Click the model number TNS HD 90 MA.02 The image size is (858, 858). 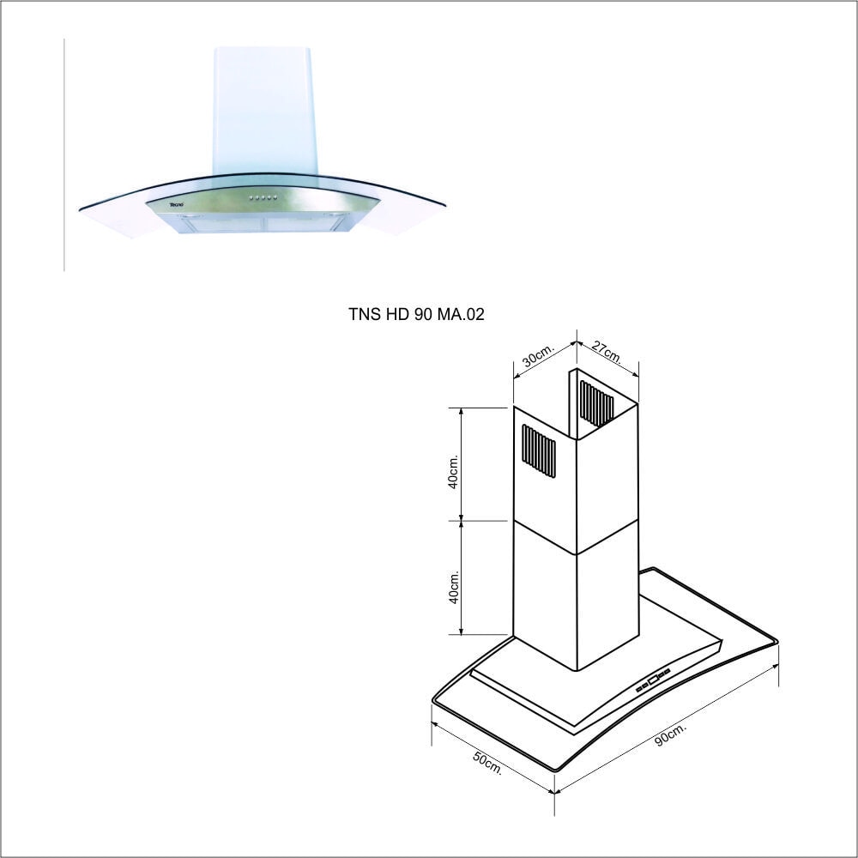tap(416, 314)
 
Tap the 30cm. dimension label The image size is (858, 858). tap(539, 354)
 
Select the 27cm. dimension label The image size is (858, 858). tap(607, 353)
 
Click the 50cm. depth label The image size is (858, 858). tap(487, 763)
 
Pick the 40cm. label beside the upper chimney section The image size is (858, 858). tap(453, 471)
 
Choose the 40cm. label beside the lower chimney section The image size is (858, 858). tap(454, 587)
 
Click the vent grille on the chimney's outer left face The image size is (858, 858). tap(539, 451)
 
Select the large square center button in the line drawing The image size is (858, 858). tap(653, 680)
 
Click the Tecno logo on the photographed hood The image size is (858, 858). tap(176, 205)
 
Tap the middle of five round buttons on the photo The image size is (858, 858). tap(263, 197)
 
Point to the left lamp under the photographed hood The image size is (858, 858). tap(190, 217)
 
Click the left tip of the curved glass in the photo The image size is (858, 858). tap(80, 208)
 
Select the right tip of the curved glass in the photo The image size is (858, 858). tap(444, 205)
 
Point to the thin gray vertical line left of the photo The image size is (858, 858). tap(64, 154)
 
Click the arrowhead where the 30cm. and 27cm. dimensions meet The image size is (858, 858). tap(577, 343)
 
